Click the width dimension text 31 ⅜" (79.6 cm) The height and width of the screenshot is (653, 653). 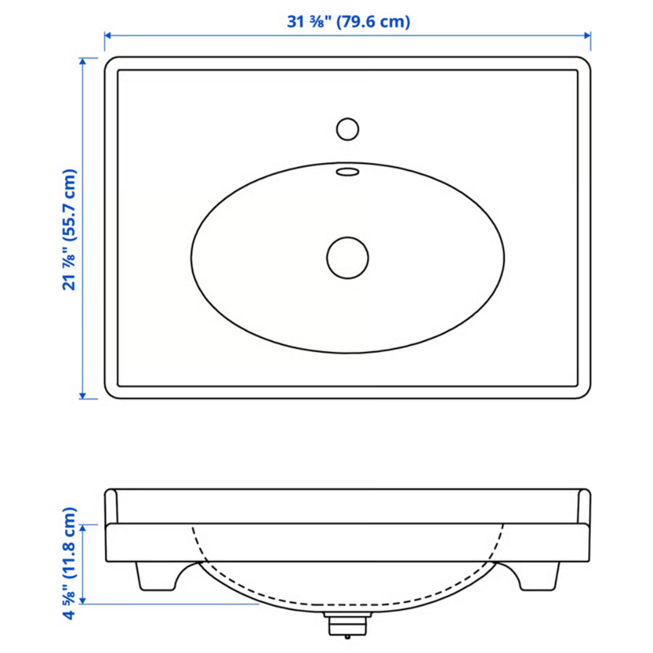tap(348, 22)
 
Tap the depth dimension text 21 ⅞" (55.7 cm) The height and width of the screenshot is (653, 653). tap(69, 230)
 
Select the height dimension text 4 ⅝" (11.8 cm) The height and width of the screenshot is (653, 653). tap(69, 563)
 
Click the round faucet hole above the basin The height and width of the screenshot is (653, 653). tap(347, 129)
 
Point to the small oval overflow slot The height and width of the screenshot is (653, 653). tap(347, 172)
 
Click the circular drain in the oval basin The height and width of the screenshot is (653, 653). tap(347, 258)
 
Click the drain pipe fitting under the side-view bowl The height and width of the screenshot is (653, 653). tap(347, 624)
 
